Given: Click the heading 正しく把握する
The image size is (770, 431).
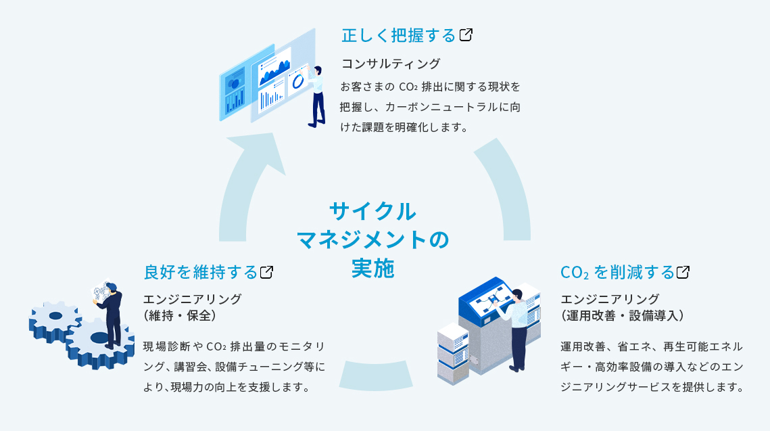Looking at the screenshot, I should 398,35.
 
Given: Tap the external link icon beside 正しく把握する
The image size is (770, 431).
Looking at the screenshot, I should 465,35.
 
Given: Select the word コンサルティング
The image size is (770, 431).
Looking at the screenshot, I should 390,64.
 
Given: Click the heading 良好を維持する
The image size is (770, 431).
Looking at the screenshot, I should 201,272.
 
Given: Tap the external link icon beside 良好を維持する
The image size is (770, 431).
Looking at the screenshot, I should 266,272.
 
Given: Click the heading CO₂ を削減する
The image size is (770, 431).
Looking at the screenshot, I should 617,272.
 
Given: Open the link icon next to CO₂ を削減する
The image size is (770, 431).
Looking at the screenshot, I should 683,272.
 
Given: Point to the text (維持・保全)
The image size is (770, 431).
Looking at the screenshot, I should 179,315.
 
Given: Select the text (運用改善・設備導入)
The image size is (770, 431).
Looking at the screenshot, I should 625,315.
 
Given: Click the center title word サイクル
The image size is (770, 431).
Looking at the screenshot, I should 372,211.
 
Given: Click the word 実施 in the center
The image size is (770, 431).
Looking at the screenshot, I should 372,268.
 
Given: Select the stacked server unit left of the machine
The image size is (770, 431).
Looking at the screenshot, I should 452,351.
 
